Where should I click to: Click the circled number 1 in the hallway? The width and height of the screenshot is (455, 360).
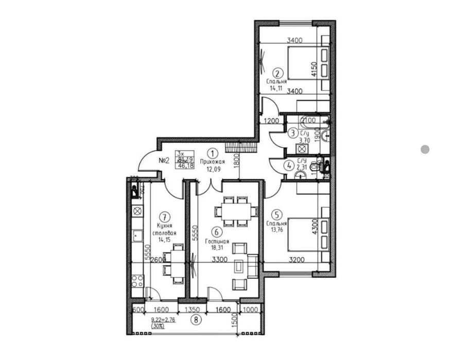[213, 153]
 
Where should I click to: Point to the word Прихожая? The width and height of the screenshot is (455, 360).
[213, 161]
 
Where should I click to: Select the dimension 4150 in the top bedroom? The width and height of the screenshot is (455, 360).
[313, 68]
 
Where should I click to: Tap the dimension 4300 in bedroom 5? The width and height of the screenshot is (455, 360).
[313, 226]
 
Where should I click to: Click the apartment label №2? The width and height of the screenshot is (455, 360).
[164, 160]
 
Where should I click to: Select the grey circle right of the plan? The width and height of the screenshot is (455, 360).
[425, 150]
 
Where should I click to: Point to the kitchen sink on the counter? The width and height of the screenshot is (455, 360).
[137, 236]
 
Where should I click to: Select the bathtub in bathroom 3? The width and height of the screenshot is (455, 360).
[311, 122]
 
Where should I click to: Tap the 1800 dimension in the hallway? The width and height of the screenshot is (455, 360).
[235, 162]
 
